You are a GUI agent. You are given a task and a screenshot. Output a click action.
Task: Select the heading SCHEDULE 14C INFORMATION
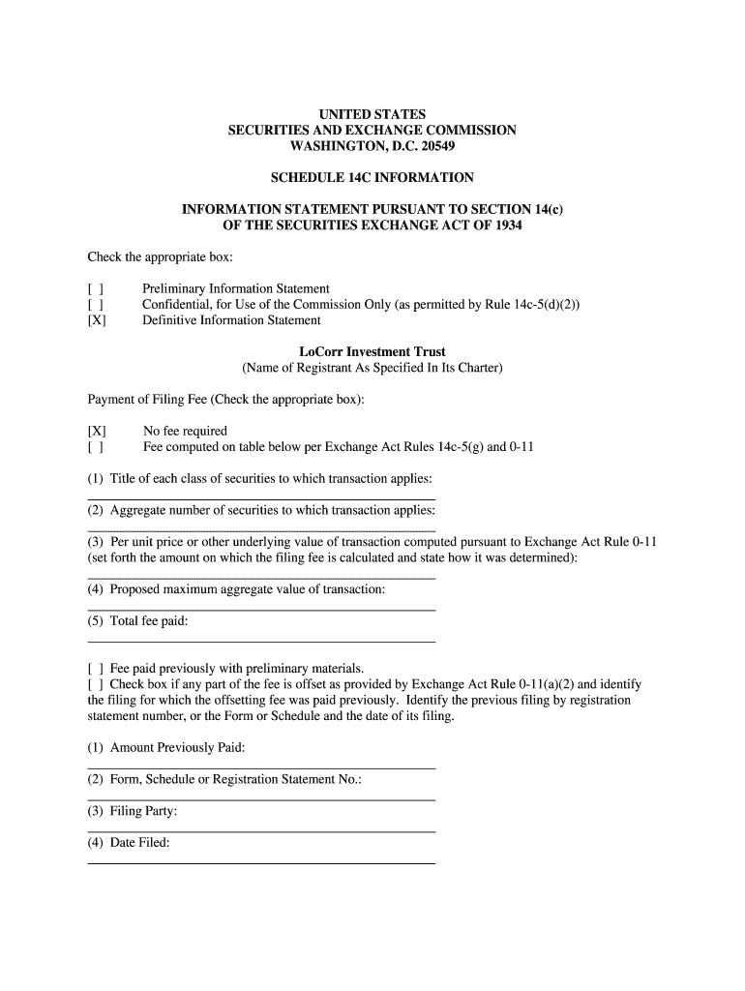coord(372,178)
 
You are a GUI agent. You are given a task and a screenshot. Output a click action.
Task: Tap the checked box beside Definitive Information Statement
coord(97,320)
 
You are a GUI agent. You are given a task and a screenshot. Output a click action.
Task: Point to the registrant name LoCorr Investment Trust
coord(372,352)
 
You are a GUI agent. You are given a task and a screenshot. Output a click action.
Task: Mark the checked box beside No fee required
coord(97,432)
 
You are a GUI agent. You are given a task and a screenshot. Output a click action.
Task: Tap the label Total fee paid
coord(149,621)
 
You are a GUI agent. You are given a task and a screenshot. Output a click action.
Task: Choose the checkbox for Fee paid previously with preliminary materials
coord(96,669)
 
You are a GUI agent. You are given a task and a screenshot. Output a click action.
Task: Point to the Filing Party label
coord(143,811)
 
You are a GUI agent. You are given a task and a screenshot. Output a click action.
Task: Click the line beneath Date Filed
coord(261,862)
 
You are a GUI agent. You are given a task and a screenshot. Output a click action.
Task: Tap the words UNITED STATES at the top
coord(372,115)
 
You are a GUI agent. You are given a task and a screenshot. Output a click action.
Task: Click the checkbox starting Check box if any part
coord(96,684)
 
